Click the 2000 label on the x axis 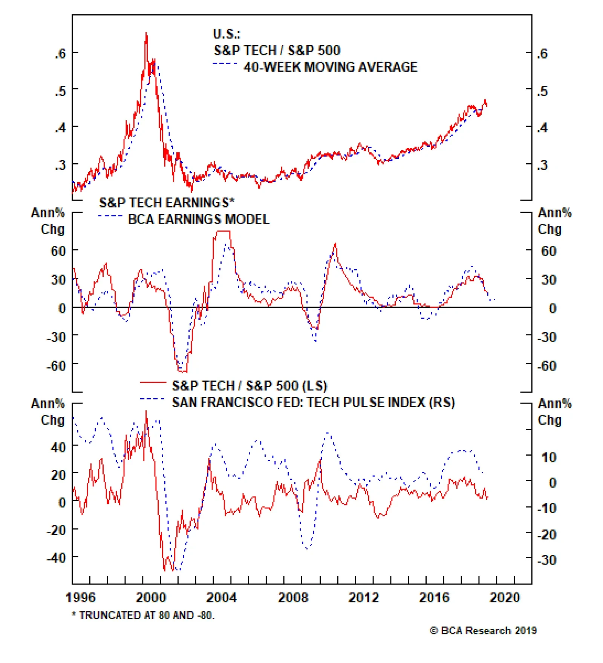tap(150, 598)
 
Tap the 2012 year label tap(363, 598)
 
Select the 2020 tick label tap(505, 598)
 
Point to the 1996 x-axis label tap(80, 598)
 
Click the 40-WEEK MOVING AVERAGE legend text tap(330, 67)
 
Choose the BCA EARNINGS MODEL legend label tap(199, 219)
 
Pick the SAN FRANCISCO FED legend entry tap(313, 403)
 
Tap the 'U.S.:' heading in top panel tap(227, 34)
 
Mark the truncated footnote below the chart tap(143, 615)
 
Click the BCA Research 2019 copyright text tap(483, 631)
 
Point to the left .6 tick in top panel tap(60, 54)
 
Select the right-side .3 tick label tap(542, 165)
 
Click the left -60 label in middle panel tap(56, 365)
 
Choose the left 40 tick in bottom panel tap(58, 447)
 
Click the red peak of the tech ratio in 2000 tap(146, 34)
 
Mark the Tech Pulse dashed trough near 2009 tap(307, 548)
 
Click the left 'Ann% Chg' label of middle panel tap(48, 221)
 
